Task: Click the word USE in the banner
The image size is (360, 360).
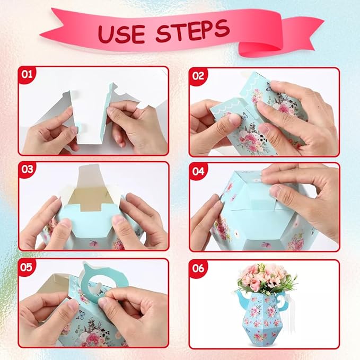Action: pos(122,34)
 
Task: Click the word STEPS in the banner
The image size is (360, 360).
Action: pos(193,30)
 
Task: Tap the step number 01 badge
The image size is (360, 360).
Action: pos(27,74)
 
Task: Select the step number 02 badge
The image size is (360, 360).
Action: pos(198,76)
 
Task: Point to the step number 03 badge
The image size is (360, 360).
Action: pos(27,170)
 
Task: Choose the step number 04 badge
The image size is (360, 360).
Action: pos(198,171)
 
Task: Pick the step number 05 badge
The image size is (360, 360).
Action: pos(27,267)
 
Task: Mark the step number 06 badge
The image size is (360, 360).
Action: pos(198,268)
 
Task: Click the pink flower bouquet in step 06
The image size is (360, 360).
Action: pos(266,279)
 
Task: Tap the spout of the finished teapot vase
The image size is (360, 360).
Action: pos(242,298)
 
